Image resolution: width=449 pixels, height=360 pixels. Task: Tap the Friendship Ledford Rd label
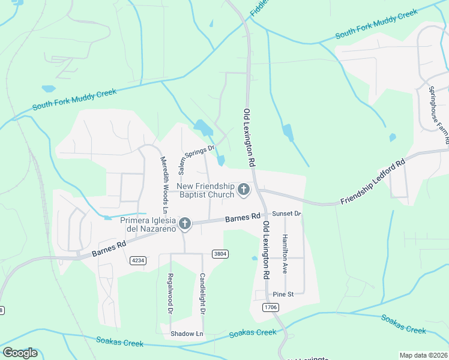pyautogui.click(x=373, y=181)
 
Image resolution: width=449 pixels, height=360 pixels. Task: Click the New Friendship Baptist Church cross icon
pyautogui.click(x=244, y=190)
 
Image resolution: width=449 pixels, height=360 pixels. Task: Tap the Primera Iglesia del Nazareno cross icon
pyautogui.click(x=185, y=224)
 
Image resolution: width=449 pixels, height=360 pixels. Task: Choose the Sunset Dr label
pyautogui.click(x=286, y=214)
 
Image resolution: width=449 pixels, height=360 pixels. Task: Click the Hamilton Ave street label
pyautogui.click(x=286, y=250)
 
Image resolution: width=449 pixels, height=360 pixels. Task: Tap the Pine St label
pyautogui.click(x=283, y=295)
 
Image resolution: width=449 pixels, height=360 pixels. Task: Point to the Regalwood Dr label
pyautogui.click(x=170, y=294)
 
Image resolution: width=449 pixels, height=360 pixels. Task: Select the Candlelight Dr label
pyautogui.click(x=202, y=294)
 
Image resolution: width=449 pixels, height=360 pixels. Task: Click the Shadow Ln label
pyautogui.click(x=187, y=334)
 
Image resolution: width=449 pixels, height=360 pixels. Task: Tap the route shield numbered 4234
pyautogui.click(x=138, y=260)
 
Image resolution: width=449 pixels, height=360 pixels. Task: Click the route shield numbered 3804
pyautogui.click(x=220, y=254)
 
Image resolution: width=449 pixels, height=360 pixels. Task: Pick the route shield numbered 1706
pyautogui.click(x=271, y=307)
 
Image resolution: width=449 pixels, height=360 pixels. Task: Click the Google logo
pyautogui.click(x=20, y=353)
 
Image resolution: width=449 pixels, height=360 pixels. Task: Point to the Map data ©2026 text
pyautogui.click(x=423, y=355)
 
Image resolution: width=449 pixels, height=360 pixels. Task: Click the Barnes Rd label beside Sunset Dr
pyautogui.click(x=243, y=218)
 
